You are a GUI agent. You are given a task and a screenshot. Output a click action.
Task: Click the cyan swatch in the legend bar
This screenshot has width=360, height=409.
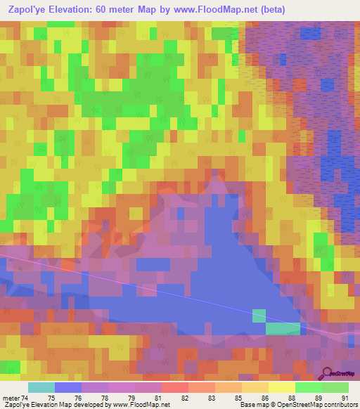[41, 387]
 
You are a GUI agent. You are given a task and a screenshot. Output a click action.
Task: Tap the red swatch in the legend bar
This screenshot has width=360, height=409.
[174, 387]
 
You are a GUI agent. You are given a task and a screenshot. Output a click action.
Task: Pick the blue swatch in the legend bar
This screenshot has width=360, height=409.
[68, 387]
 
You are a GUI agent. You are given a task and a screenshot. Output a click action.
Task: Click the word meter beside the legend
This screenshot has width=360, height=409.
[11, 398]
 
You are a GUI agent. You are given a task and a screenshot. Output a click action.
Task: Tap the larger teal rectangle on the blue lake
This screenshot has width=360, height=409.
[283, 328]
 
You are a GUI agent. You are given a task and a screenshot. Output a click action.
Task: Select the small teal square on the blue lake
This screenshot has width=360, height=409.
[259, 316]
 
